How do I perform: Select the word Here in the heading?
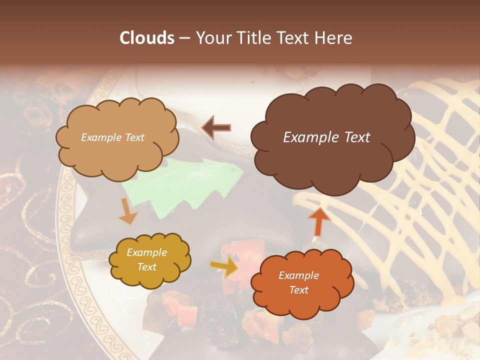point(334,38)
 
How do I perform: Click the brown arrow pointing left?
point(216,127)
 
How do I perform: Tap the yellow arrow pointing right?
point(224,267)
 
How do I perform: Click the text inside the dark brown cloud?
point(326,137)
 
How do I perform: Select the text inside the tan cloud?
point(112,137)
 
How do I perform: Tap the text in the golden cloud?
point(146,260)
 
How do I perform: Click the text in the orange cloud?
point(298,282)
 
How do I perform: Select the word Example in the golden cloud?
point(146,253)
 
